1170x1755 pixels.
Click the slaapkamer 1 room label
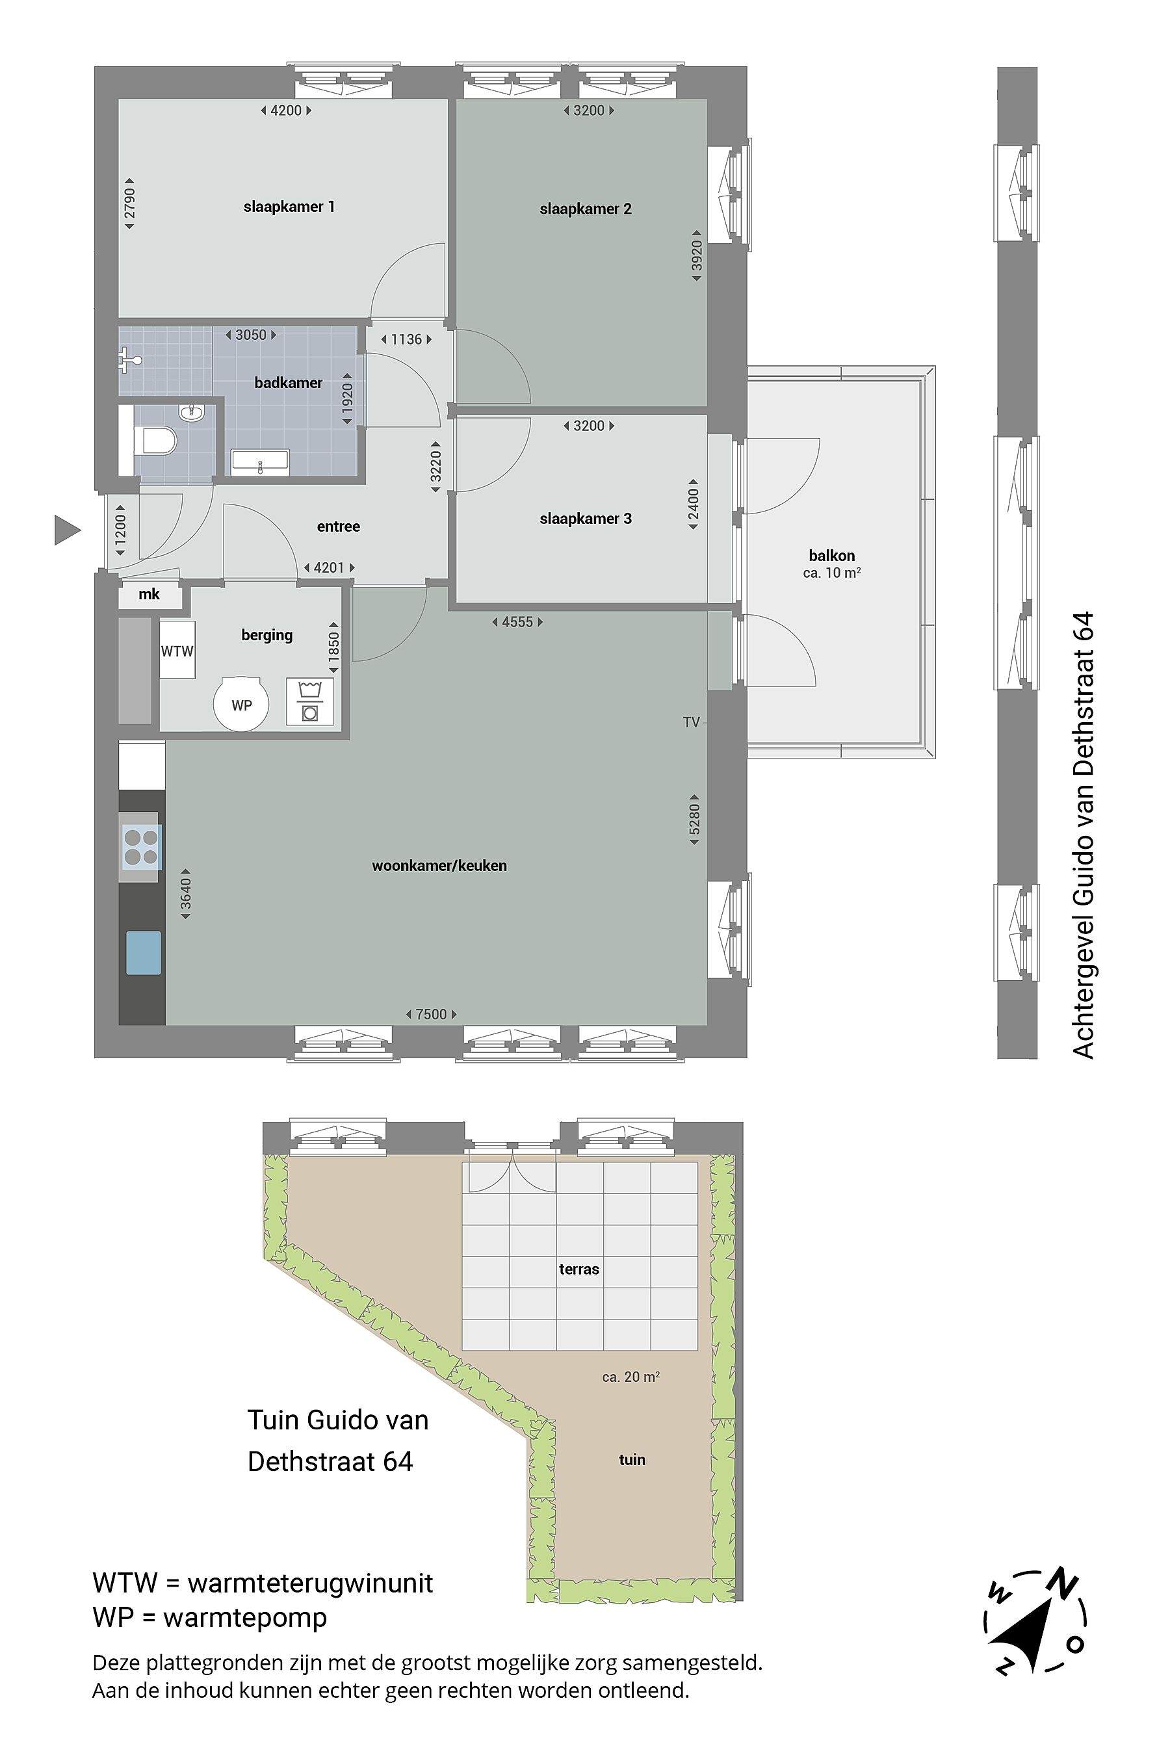click(289, 207)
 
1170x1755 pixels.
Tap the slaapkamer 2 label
click(585, 209)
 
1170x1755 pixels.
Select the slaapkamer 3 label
click(585, 519)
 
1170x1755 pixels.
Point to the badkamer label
click(288, 383)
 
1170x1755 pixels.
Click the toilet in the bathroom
click(155, 441)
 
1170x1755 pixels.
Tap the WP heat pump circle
click(241, 705)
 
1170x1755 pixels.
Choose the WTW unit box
click(177, 651)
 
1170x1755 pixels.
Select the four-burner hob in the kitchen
click(141, 848)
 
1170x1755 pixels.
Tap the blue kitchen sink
click(143, 953)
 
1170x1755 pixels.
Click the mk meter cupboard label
click(149, 595)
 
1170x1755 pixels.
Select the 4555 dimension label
click(517, 621)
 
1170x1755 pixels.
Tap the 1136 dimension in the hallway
click(407, 339)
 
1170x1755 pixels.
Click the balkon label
click(832, 555)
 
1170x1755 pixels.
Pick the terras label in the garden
click(579, 1269)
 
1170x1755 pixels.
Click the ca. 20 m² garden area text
click(630, 1377)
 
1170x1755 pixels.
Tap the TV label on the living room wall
click(691, 722)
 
